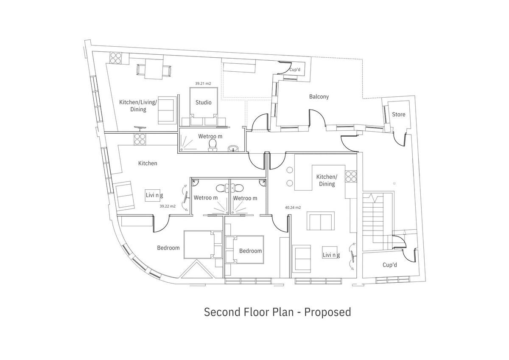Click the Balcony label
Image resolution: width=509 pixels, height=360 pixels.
(319, 97)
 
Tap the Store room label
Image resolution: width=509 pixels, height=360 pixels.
(398, 115)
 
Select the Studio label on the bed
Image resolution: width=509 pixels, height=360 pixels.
(203, 102)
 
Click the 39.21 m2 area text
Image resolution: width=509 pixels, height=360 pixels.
(203, 84)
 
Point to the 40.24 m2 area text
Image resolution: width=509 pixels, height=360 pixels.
(293, 208)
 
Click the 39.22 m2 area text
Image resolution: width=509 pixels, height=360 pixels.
(167, 206)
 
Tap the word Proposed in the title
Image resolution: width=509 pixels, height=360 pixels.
(328, 312)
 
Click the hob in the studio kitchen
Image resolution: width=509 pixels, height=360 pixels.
(116, 58)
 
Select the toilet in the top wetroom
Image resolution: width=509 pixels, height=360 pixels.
(213, 146)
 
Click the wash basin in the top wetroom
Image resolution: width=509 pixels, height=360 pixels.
(233, 149)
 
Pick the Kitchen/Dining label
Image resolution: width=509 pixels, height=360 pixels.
(327, 180)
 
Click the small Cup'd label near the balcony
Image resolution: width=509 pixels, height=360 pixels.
(295, 69)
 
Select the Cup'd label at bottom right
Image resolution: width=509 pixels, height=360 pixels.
(389, 265)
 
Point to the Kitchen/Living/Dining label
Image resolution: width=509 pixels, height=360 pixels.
(138, 106)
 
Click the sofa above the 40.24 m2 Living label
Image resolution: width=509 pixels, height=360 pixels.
(321, 222)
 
